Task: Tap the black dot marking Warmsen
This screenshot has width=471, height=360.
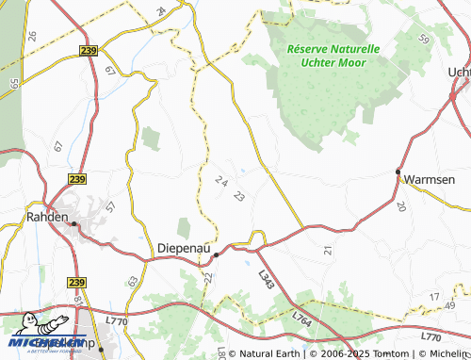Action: pos(398,172)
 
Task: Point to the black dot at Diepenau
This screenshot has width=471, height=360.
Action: pos(216,254)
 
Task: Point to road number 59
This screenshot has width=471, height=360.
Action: pos(423,39)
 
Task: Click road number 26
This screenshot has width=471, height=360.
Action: pos(32,36)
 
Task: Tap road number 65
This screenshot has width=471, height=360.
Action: pos(14,83)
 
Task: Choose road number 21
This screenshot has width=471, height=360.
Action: pos(328,250)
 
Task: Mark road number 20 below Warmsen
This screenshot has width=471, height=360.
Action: pos(401,206)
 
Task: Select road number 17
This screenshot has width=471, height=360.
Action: pos(434,298)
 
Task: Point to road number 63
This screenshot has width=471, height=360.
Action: pos(133,281)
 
